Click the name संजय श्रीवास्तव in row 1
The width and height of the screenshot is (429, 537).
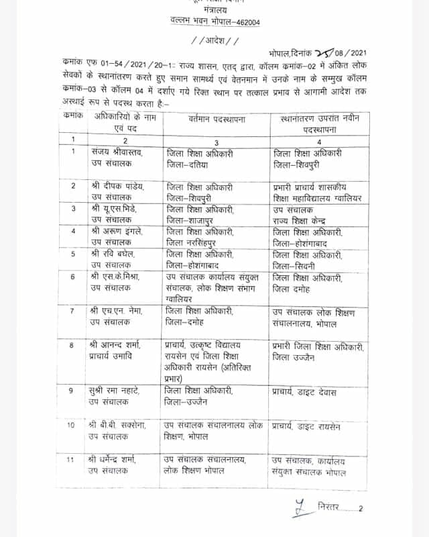coord(117,153)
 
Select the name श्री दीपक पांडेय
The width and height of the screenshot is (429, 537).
coord(117,186)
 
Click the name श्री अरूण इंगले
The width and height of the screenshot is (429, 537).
coord(116,232)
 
